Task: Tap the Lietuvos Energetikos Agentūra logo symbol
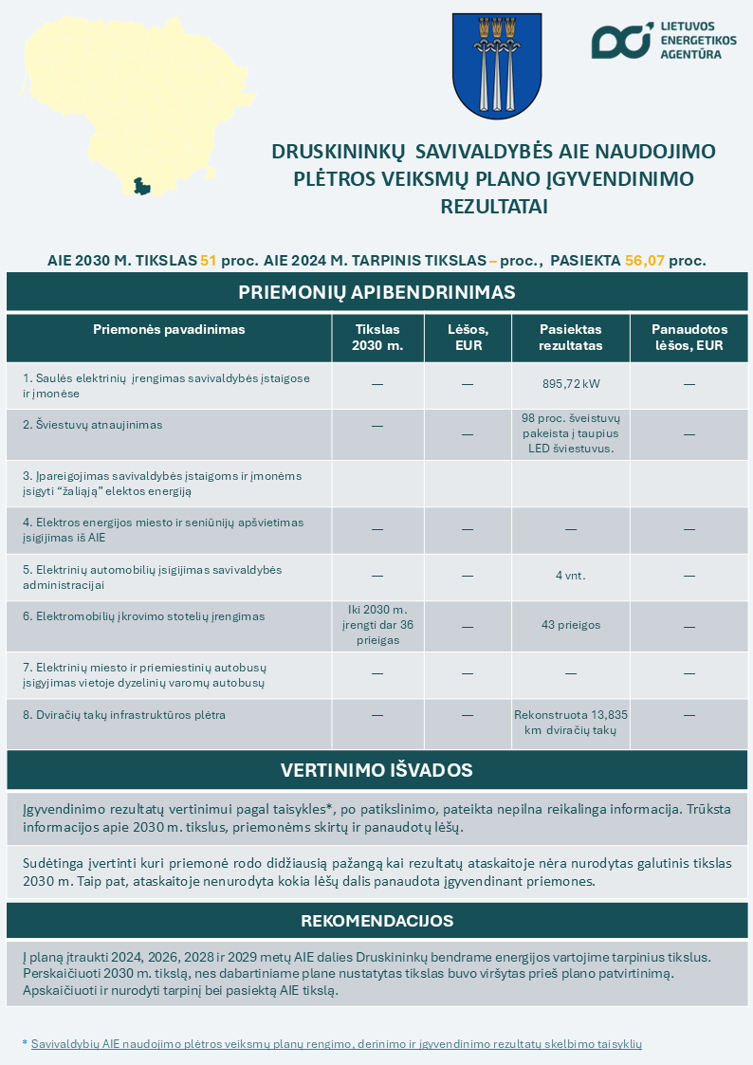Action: point(622,40)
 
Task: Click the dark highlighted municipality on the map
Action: point(142,186)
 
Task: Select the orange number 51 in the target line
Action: point(209,260)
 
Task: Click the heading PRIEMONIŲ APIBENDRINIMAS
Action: point(376,292)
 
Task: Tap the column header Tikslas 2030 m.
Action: point(377,338)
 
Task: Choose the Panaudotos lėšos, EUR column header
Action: point(689,338)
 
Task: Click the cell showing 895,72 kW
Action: point(571,384)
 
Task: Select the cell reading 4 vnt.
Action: point(571,576)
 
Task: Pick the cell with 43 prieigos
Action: point(571,625)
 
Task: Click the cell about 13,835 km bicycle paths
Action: point(571,722)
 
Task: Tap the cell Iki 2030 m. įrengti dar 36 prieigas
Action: point(377,624)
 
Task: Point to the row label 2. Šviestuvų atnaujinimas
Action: point(92,425)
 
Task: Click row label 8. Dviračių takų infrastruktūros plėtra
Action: point(124,714)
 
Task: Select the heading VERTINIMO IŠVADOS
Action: point(376,770)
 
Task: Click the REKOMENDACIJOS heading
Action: point(376,921)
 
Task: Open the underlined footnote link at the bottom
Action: point(337,1043)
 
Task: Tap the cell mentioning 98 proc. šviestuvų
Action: point(571,433)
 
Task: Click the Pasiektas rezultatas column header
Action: point(571,338)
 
